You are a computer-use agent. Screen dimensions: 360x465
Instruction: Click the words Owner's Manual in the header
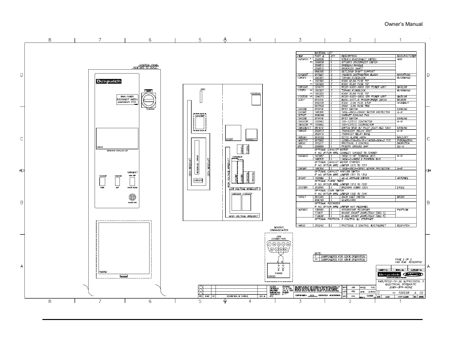coord(403,24)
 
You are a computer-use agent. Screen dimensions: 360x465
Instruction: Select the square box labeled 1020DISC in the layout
coord(254,100)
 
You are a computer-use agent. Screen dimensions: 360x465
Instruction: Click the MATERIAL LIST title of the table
coord(315,53)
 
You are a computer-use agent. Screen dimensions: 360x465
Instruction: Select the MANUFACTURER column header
coord(406,56)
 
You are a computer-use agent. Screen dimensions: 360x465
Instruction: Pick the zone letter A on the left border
coord(21,267)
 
